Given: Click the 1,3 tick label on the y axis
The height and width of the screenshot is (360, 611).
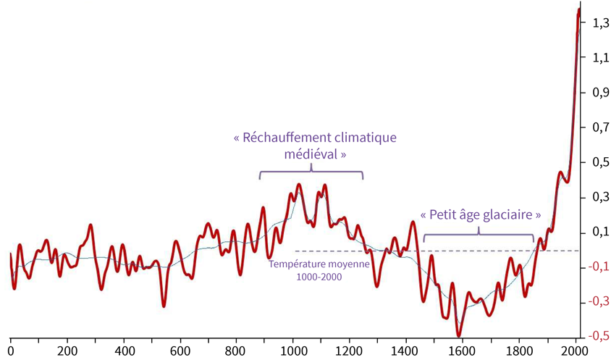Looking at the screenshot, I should pos(599,24).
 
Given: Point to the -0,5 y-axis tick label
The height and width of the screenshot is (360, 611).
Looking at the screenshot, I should pos(598,337).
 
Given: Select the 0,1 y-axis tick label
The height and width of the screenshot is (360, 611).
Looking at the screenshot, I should pos(599,233).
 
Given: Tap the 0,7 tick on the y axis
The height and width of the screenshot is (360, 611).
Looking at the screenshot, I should pos(599,127).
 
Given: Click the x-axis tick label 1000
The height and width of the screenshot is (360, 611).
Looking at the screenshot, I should pos(292,347).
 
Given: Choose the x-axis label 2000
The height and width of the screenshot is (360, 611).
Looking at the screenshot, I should pos(575,347).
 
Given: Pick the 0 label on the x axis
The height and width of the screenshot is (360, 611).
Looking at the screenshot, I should pos(11,347).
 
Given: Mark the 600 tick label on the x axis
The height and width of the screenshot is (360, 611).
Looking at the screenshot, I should pos(180,347).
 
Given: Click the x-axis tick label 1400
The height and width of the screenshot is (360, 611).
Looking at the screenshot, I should pos(405,347).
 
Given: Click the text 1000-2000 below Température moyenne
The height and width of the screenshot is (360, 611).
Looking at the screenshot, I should pos(319,276).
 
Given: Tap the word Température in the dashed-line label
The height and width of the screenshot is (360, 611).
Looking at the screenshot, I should pos(295,264).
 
